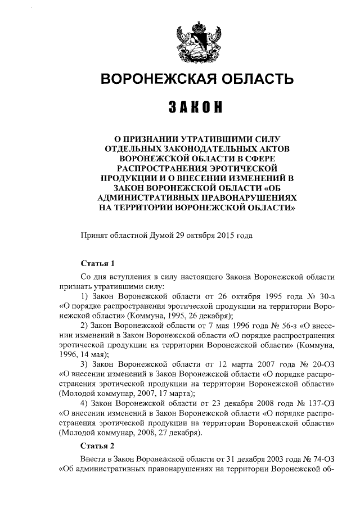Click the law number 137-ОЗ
[x=320, y=404]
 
